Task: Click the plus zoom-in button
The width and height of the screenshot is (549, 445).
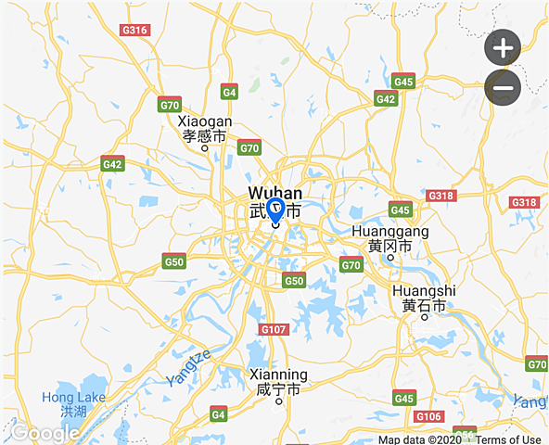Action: (503, 47)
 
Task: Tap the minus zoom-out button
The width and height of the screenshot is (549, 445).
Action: (503, 88)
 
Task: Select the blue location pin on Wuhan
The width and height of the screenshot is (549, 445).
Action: (275, 210)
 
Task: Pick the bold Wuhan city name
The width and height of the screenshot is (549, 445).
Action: (275, 193)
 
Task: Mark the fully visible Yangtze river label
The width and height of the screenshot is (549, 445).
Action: (190, 367)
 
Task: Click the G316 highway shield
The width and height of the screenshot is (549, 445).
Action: (135, 30)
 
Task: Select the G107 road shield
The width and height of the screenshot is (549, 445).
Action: (274, 329)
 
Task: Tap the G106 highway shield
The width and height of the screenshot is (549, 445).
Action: (428, 416)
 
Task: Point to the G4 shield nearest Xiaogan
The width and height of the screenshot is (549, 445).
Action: (229, 92)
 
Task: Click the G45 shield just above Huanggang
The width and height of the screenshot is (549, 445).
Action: (401, 210)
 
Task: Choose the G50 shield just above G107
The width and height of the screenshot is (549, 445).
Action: (294, 280)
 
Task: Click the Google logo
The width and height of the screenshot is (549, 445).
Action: (45, 433)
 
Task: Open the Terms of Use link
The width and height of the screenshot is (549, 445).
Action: (509, 439)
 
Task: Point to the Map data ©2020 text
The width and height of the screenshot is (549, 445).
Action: (418, 439)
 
